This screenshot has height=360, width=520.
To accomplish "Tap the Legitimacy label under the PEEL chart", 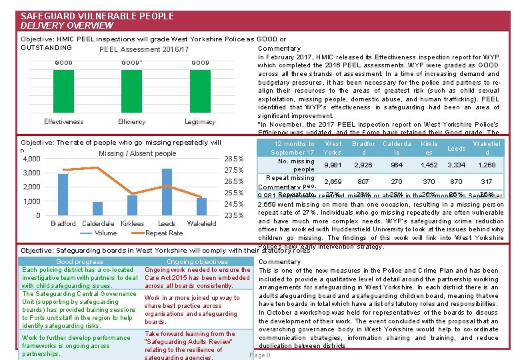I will [x=200, y=122].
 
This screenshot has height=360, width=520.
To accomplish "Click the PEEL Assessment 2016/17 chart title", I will [x=144, y=49].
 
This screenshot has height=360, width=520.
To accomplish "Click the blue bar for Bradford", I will [x=63, y=194].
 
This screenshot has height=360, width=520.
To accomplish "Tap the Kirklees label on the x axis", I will [x=132, y=224].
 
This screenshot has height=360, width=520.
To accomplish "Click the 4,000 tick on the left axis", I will [x=32, y=159].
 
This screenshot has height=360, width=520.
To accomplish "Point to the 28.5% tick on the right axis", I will [x=234, y=159].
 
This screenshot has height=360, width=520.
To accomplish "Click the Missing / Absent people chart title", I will [x=137, y=153].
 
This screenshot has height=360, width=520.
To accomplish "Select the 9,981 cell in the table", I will [x=333, y=165].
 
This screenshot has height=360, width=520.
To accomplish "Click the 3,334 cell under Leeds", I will [x=456, y=165].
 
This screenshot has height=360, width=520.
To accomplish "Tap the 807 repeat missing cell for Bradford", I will [x=363, y=181].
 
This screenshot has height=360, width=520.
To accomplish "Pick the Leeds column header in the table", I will [x=456, y=148].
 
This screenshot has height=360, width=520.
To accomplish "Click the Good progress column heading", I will [x=80, y=262].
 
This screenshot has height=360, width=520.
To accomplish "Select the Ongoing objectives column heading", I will [x=197, y=262].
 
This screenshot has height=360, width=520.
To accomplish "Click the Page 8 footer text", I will [x=259, y=355].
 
